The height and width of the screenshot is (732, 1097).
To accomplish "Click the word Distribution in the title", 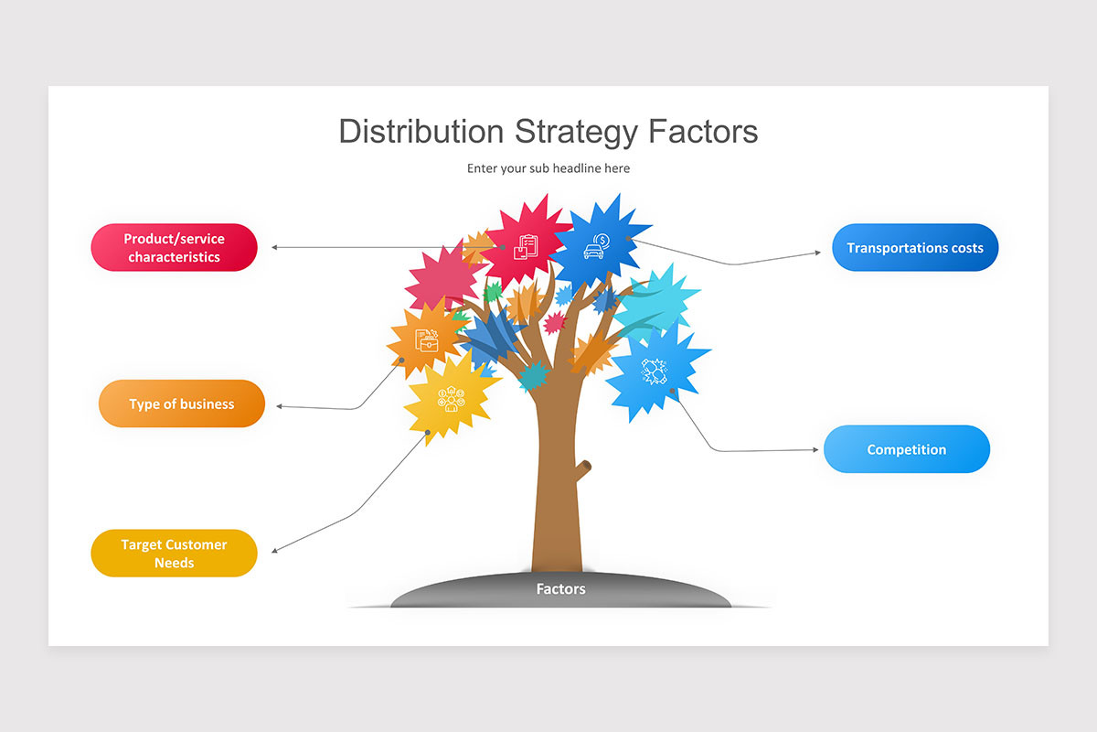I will point(421,132).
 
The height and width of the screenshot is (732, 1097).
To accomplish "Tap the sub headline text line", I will point(548,168).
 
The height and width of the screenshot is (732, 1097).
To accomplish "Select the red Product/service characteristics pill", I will point(174,247).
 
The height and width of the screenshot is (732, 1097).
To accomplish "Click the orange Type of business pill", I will point(181,404).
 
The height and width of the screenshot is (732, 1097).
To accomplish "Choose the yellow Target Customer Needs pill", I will point(174,553).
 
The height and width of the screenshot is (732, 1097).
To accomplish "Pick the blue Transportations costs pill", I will point(914,247).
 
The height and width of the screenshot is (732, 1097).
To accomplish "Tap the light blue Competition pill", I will point(906,449).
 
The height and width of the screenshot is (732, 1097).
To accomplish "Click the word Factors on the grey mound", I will point(560,589).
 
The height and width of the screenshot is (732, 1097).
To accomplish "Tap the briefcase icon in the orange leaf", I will point(427,341).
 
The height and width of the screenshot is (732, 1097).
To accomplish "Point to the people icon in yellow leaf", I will point(451,399).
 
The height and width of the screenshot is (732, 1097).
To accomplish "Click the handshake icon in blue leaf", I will point(655,371).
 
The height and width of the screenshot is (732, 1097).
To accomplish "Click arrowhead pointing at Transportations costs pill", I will point(818,252).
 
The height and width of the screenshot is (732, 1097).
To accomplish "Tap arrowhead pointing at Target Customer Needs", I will point(275,550).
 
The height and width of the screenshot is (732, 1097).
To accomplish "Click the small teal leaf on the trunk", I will point(533,375).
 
